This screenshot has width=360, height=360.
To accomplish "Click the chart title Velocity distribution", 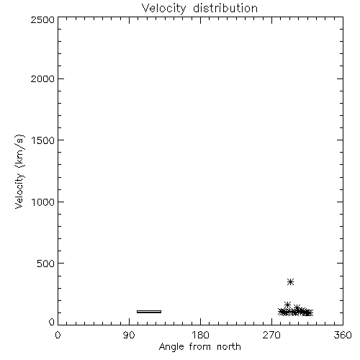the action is pyautogui.click(x=199, y=9).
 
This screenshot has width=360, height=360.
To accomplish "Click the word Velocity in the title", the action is pyautogui.click(x=163, y=9).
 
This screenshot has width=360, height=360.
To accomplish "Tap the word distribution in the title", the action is pyautogui.click(x=225, y=8).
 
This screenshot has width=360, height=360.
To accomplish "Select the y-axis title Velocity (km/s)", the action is pyautogui.click(x=19, y=171).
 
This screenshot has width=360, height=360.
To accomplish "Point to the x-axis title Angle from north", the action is pyautogui.click(x=200, y=347).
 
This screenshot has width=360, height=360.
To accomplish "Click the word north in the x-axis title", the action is pyautogui.click(x=229, y=347).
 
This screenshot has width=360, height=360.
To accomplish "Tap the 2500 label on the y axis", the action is pyautogui.click(x=42, y=19).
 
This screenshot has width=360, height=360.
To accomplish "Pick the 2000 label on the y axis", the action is pyautogui.click(x=42, y=78).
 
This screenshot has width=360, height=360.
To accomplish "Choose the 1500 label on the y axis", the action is pyautogui.click(x=43, y=140).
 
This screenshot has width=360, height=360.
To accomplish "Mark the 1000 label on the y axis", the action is pyautogui.click(x=43, y=202).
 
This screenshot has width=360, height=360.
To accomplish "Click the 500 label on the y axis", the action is pyautogui.click(x=46, y=264).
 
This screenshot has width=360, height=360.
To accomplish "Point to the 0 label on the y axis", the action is pyautogui.click(x=52, y=322).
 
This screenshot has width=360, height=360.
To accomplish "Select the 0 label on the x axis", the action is pyautogui.click(x=58, y=335).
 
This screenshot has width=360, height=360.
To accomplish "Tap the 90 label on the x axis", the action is pyautogui.click(x=129, y=335).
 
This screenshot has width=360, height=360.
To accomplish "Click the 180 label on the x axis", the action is pyautogui.click(x=200, y=335).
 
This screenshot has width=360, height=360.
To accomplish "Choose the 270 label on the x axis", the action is pyautogui.click(x=271, y=335).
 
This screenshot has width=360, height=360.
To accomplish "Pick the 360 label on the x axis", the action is pyautogui.click(x=343, y=335).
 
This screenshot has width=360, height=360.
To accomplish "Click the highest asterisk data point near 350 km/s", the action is pyautogui.click(x=291, y=282).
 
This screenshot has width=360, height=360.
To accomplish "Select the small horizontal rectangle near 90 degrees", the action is pyautogui.click(x=149, y=312).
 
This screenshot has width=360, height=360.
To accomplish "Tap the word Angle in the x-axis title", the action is pyautogui.click(x=171, y=347).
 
